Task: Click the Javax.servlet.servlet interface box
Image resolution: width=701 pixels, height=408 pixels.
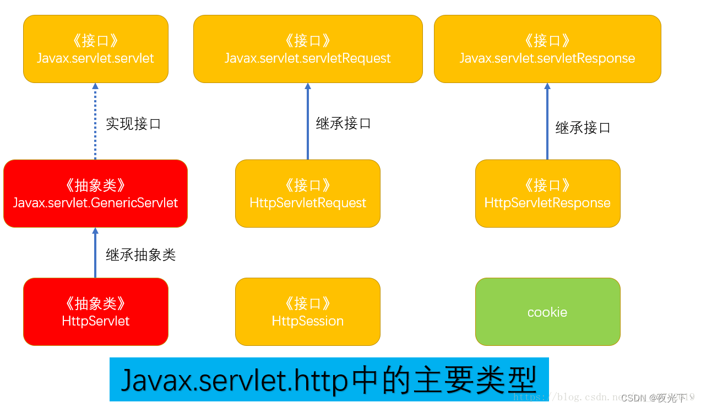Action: tap(95, 49)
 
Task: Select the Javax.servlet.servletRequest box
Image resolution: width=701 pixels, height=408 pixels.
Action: tap(308, 49)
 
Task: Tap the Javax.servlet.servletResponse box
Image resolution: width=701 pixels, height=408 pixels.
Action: tap(547, 49)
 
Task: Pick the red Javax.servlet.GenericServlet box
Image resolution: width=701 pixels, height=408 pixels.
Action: tap(95, 194)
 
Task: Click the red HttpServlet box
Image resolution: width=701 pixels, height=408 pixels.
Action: tap(95, 312)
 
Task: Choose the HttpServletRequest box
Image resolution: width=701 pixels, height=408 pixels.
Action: tap(308, 194)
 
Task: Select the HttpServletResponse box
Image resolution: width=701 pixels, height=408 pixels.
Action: tap(547, 194)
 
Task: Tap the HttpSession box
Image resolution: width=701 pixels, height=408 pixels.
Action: tap(308, 312)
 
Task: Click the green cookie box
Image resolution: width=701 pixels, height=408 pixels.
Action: tap(547, 312)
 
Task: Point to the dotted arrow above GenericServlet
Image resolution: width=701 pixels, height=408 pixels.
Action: tap(95, 122)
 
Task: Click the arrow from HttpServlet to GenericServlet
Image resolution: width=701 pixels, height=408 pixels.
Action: tap(95, 253)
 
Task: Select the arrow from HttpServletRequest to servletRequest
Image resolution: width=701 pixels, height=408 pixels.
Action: tap(308, 122)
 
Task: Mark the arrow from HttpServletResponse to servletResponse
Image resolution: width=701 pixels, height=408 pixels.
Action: tap(547, 122)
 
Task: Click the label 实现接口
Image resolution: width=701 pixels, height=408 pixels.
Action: tap(133, 124)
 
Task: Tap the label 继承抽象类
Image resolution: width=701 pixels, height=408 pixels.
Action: tap(140, 255)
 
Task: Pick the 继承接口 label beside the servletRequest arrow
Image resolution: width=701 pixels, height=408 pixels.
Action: tap(344, 123)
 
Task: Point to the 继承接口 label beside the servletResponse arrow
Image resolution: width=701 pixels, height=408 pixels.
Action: tap(583, 128)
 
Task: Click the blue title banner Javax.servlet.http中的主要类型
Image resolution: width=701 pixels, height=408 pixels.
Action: tap(329, 379)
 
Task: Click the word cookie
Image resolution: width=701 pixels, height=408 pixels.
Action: tap(547, 312)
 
